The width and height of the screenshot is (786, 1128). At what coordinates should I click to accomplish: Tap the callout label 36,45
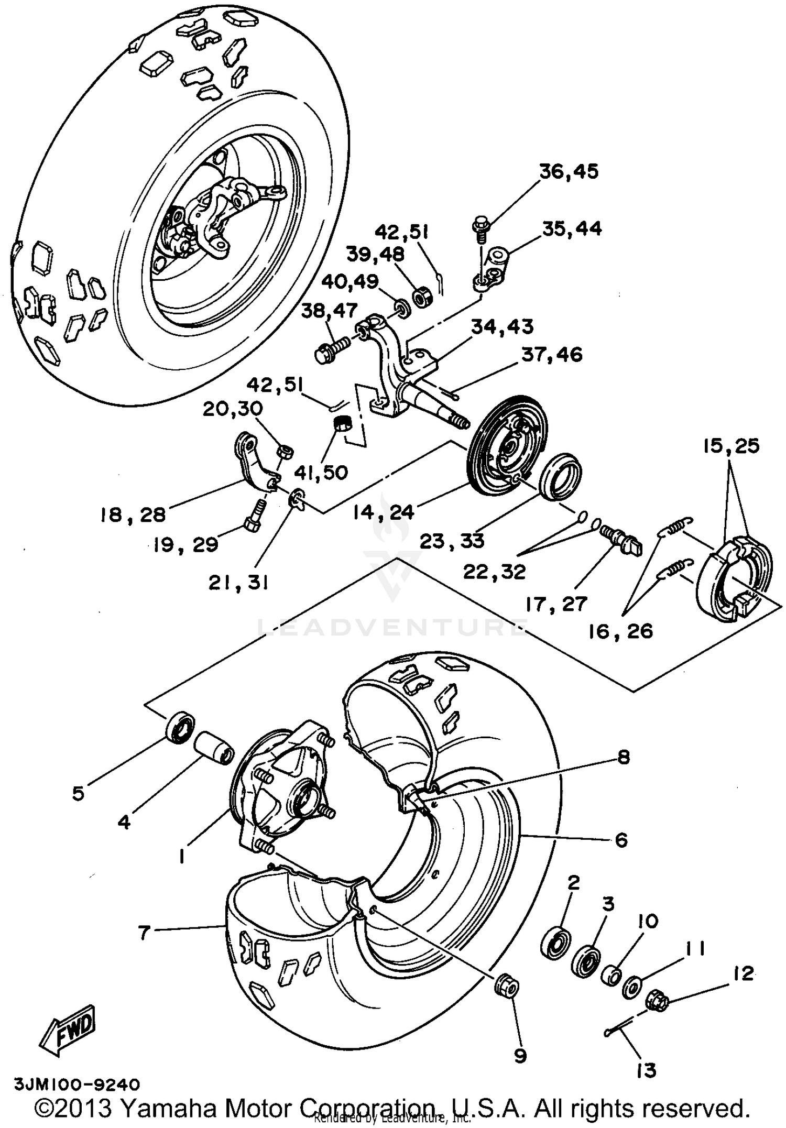[x=569, y=172]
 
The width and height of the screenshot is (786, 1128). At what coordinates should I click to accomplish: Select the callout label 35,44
[x=572, y=229]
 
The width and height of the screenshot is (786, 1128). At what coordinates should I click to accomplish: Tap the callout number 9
[x=520, y=1055]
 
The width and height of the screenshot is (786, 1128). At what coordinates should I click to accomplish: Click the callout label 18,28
[x=133, y=514]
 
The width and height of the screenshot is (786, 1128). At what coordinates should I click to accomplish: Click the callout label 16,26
[x=620, y=631]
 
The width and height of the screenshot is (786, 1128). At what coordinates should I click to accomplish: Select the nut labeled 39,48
[x=422, y=297]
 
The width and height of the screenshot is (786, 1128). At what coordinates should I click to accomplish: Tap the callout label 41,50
[x=321, y=472]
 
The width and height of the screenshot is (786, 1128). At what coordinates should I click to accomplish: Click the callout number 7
[x=145, y=932]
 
